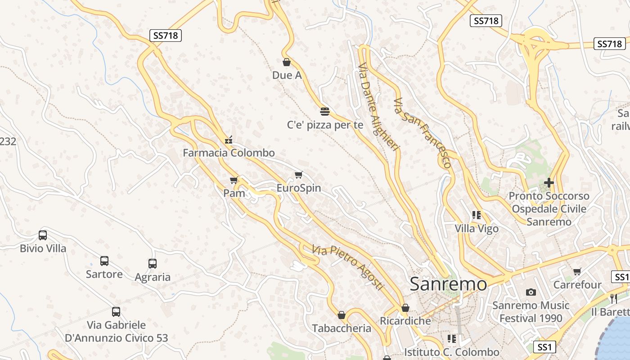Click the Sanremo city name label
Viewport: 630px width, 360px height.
[x=448, y=284]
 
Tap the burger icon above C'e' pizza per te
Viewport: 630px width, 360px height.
[x=325, y=111]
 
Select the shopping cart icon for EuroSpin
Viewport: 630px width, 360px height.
[x=298, y=175]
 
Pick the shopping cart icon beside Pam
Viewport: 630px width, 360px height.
[x=234, y=180]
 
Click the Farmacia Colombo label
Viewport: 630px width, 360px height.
[x=228, y=153]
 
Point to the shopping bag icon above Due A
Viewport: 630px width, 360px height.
[x=286, y=62]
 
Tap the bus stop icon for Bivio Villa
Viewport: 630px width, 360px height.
[x=43, y=235]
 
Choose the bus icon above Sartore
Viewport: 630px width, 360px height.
[x=104, y=261]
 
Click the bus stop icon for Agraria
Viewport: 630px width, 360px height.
[x=153, y=264]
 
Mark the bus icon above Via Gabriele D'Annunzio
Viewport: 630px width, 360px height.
[x=116, y=311]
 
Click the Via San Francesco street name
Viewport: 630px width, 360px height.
[x=422, y=132]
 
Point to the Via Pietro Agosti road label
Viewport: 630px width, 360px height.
[x=348, y=267]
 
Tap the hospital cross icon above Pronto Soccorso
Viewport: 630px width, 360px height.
[x=549, y=183]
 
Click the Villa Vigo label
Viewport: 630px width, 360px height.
[x=477, y=229]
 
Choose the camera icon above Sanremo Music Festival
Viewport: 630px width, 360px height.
[x=531, y=292]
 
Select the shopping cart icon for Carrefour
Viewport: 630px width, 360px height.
[x=577, y=272]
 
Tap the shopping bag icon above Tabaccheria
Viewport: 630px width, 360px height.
[x=342, y=315]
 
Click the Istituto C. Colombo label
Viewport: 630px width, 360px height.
[x=451, y=352]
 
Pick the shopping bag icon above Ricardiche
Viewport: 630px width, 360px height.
[x=405, y=308]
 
